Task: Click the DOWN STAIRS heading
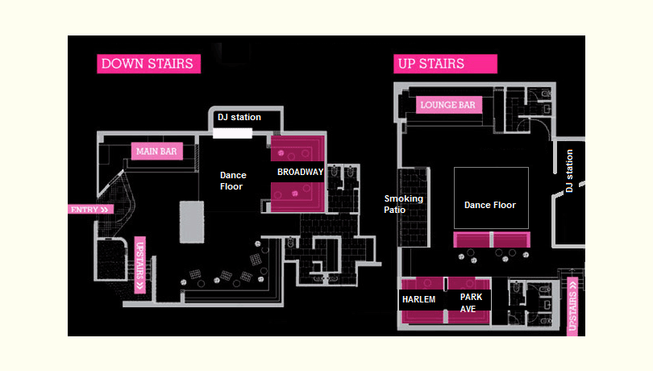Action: (x=148, y=64)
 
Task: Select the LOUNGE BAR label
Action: (x=449, y=105)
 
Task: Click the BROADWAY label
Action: (x=300, y=172)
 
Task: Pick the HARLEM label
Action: (x=418, y=300)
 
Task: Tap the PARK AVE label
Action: (x=471, y=302)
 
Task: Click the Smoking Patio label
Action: (x=403, y=204)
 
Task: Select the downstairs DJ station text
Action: (x=239, y=118)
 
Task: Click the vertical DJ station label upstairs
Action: (x=569, y=171)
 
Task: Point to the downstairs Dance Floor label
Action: (x=233, y=181)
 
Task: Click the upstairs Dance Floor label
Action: (x=490, y=205)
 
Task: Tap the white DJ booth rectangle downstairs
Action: (x=233, y=133)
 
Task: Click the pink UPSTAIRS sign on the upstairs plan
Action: (x=573, y=305)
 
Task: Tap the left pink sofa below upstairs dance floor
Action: (x=472, y=240)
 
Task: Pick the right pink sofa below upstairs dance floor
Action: (x=510, y=240)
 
